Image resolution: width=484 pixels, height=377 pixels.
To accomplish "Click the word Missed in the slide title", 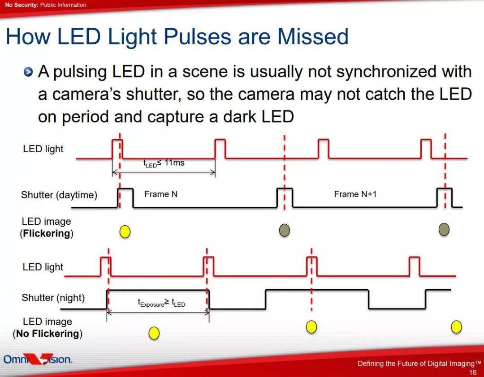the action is click(313, 36).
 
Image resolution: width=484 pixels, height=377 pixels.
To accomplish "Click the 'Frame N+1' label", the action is click(355, 194).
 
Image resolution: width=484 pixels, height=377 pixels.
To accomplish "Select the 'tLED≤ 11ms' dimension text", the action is click(164, 163).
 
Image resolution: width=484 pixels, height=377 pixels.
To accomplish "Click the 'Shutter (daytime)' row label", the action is click(59, 195).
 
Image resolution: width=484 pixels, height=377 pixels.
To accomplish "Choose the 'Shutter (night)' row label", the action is click(53, 298).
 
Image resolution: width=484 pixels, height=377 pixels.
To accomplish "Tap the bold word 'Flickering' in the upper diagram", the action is click(47, 233).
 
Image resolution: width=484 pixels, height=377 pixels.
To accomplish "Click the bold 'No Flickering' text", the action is click(48, 334).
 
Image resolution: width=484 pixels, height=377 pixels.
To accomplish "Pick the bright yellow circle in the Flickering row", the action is click(125, 231).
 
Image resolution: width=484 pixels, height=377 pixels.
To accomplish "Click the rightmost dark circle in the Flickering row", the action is click(444, 230).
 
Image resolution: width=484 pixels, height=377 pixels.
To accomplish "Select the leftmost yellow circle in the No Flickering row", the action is click(154, 333).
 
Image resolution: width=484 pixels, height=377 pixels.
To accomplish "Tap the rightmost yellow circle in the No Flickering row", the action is click(457, 327).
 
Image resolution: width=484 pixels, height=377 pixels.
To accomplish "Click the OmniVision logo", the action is click(38, 359).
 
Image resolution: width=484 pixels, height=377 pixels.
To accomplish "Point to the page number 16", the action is click(473, 373).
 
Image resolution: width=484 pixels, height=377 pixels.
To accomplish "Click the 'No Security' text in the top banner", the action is click(22, 5).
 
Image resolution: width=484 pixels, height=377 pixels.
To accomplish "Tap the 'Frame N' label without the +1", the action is click(161, 194).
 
